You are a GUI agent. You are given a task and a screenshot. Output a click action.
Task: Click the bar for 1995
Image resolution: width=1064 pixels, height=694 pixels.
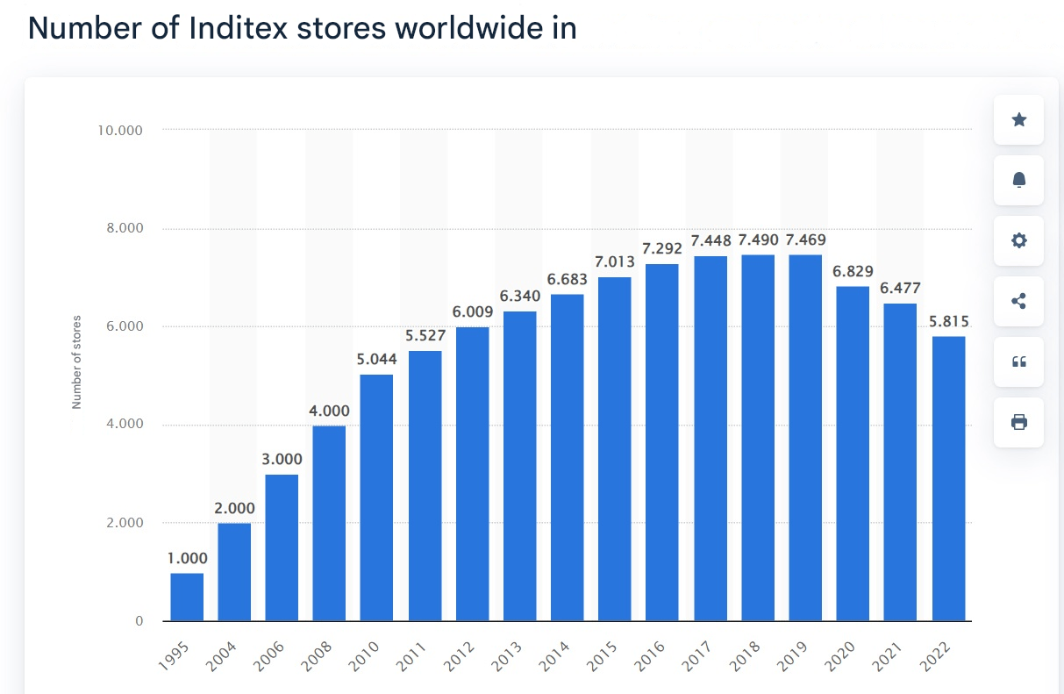(187, 597)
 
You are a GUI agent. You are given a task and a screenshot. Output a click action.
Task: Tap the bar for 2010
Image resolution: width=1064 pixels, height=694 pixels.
(376, 497)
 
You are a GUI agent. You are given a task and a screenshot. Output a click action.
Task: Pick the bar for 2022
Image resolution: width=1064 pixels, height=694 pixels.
(948, 478)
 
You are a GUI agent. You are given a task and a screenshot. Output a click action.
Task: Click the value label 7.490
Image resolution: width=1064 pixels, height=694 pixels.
(758, 240)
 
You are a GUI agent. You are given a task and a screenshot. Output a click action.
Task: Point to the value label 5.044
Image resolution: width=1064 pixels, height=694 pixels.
(376, 359)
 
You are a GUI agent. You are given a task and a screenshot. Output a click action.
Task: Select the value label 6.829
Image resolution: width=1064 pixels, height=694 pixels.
(853, 271)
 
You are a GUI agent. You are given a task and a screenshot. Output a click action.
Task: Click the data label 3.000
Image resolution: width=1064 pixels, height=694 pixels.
(282, 459)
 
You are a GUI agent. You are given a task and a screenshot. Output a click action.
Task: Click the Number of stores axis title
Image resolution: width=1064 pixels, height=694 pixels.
(76, 361)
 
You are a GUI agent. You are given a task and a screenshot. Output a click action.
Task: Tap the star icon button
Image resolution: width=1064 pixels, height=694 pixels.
(1018, 120)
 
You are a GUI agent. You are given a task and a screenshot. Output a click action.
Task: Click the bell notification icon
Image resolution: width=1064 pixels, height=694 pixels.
(1018, 181)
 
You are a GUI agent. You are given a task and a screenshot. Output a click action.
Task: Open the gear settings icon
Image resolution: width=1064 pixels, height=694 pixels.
(1018, 240)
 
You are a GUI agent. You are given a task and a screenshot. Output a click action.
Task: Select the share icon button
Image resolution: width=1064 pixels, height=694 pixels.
(1018, 301)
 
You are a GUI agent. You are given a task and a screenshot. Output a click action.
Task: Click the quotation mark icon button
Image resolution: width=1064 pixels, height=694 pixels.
(1018, 361)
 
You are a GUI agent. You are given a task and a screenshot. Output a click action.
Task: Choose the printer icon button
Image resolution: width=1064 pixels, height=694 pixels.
(1018, 422)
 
